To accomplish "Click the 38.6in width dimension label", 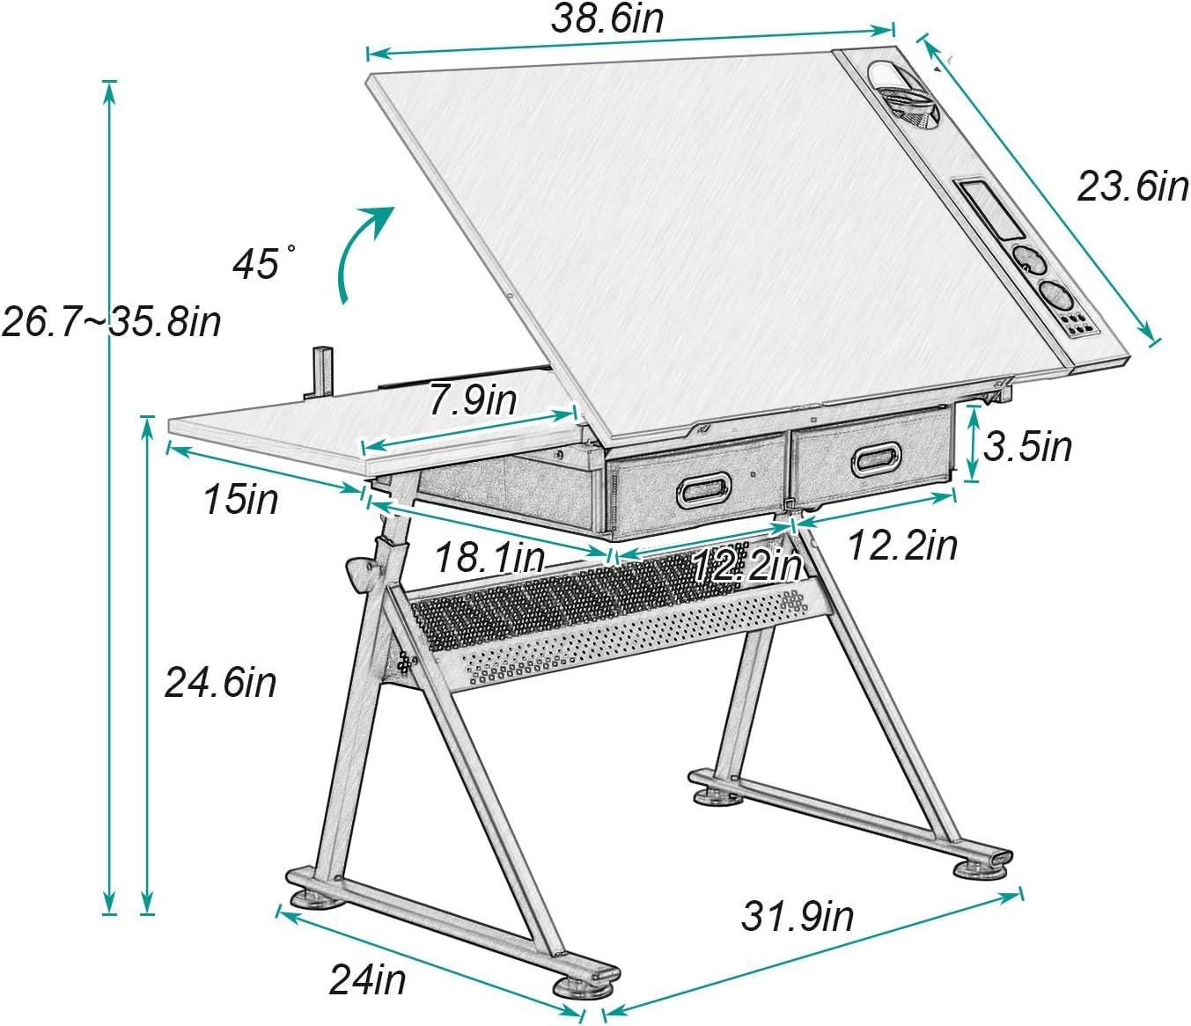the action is coord(607,18).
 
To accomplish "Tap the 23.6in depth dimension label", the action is coord(1133,187).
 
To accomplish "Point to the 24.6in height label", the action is coord(221,683).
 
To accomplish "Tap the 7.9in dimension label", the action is coord(473,399).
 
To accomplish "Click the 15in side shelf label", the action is coord(241,499).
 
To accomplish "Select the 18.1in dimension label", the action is coord(489,558).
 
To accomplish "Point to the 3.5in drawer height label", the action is coord(1027,446).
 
